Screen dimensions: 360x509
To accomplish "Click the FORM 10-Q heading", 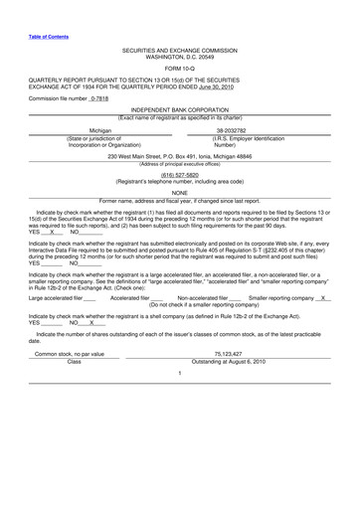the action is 180,68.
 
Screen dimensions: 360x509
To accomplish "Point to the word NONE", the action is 180,193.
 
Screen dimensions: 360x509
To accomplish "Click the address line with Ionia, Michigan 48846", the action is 180,157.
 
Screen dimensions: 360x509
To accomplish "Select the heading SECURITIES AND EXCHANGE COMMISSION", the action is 180,49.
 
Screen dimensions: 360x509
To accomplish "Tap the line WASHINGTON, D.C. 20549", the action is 180,56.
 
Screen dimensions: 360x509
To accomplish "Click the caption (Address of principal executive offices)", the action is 180,164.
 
